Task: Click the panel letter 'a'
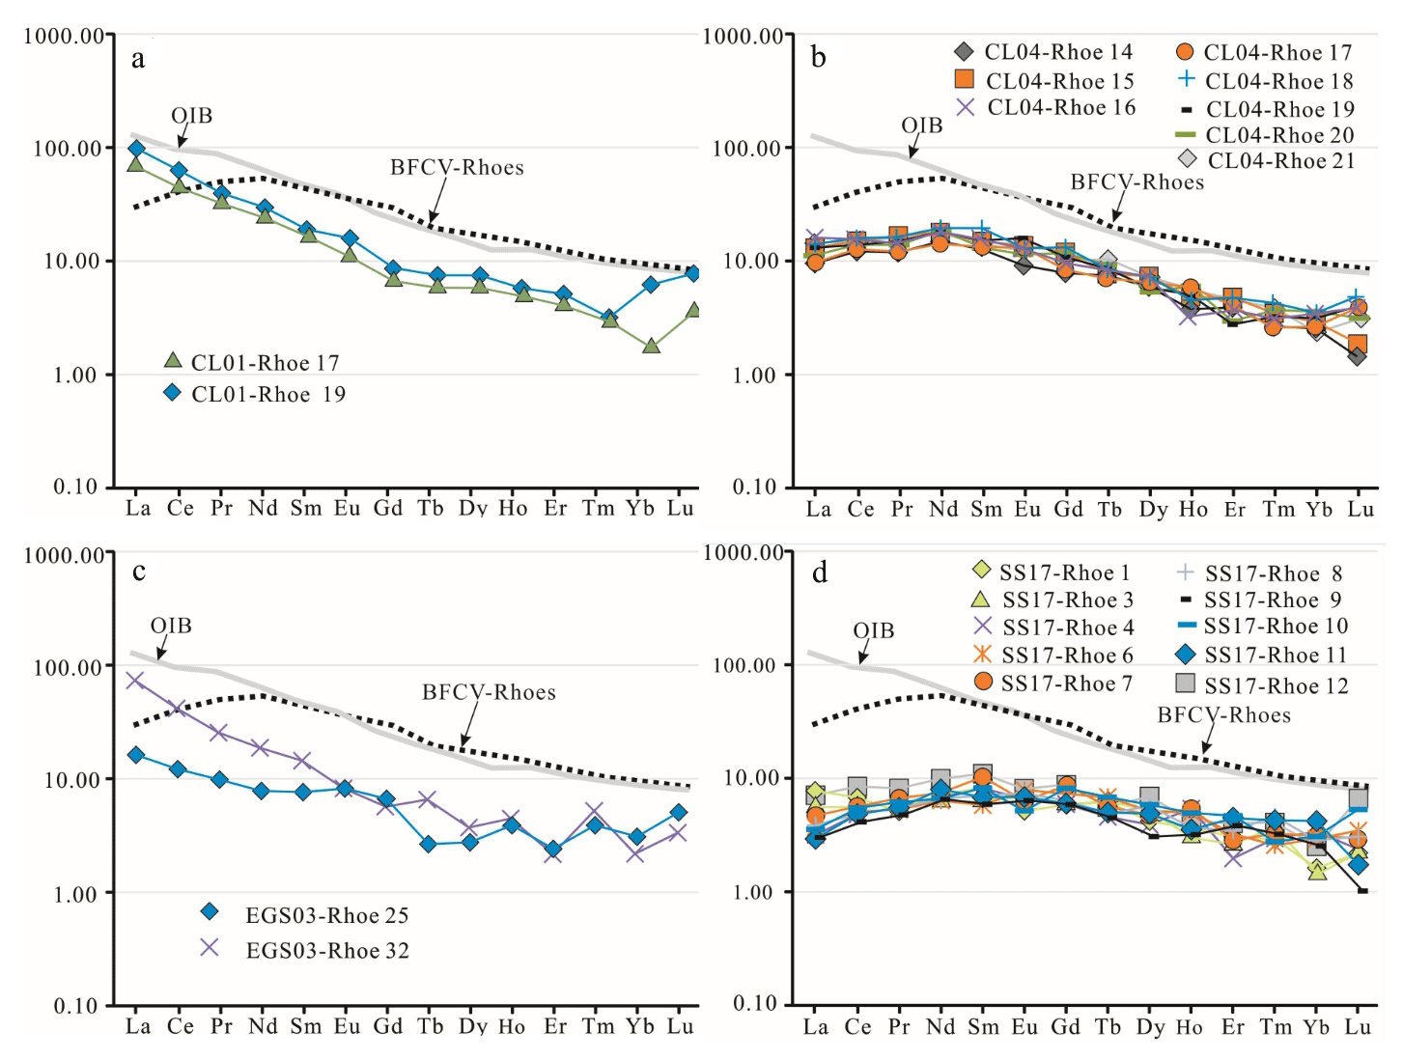(138, 60)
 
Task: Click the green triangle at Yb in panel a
(651, 346)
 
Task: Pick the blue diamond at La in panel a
(136, 149)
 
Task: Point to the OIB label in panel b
(921, 126)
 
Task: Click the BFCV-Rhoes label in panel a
(457, 168)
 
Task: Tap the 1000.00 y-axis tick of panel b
(743, 37)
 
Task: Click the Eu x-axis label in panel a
(347, 509)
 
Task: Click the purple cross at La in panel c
(135, 681)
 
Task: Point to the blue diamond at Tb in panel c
(429, 844)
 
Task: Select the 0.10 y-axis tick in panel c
(76, 1006)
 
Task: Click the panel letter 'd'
(820, 573)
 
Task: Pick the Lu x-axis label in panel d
(1358, 1027)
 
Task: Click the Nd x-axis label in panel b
(942, 510)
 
